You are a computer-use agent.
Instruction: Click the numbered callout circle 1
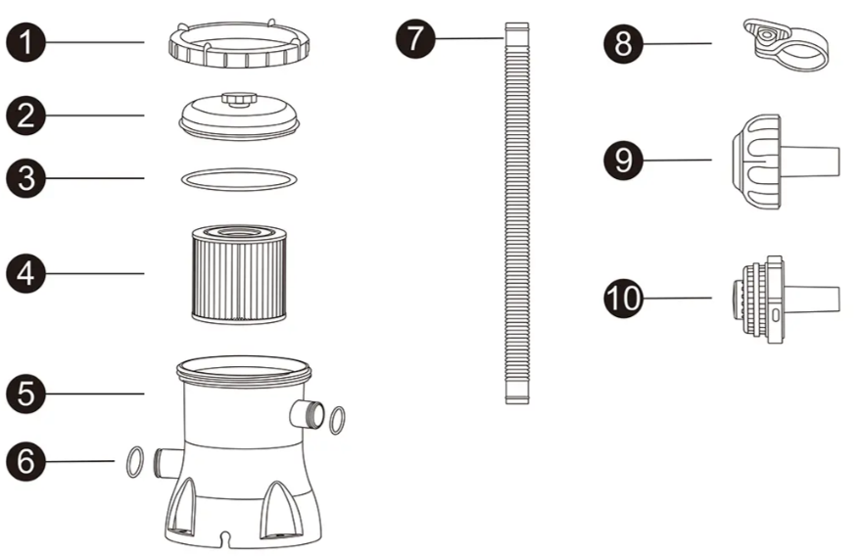[x=25, y=42]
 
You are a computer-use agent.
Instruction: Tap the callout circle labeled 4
[x=25, y=273]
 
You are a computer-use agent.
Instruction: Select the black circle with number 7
[x=415, y=38]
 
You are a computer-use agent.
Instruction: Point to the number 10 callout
[x=624, y=298]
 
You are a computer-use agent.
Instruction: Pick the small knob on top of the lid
[x=239, y=99]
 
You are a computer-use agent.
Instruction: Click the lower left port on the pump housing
[x=167, y=463]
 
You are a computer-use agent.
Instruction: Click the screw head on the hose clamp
[x=764, y=34]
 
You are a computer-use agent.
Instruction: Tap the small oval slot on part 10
[x=775, y=315]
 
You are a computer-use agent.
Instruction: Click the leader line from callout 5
[x=95, y=394]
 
